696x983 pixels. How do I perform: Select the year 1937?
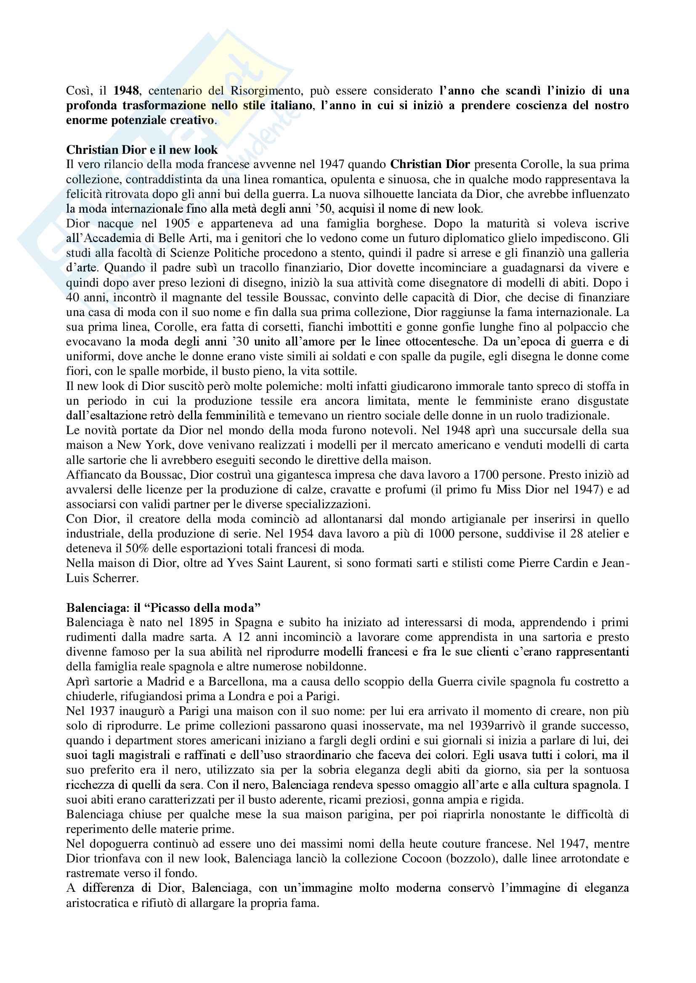tap(102, 711)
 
